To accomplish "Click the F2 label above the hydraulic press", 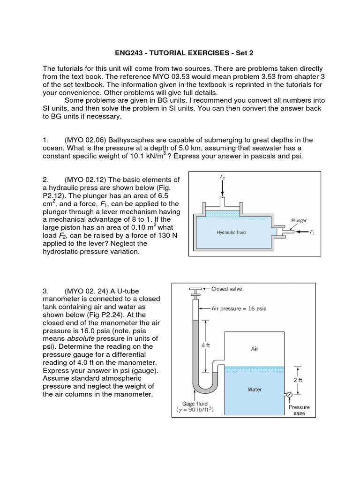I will tap(222, 177).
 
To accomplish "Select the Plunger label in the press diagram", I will tap(299, 220).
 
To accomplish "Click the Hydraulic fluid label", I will tap(231, 232).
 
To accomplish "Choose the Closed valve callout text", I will tap(226, 289).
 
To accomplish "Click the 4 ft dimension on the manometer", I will tap(205, 345).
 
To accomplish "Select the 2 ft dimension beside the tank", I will tap(298, 380).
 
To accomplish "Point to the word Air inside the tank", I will tap(255, 348).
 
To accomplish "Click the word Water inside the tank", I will tap(255, 390).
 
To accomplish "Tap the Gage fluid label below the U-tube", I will tap(195, 404).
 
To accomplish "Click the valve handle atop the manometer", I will tap(195, 289).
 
